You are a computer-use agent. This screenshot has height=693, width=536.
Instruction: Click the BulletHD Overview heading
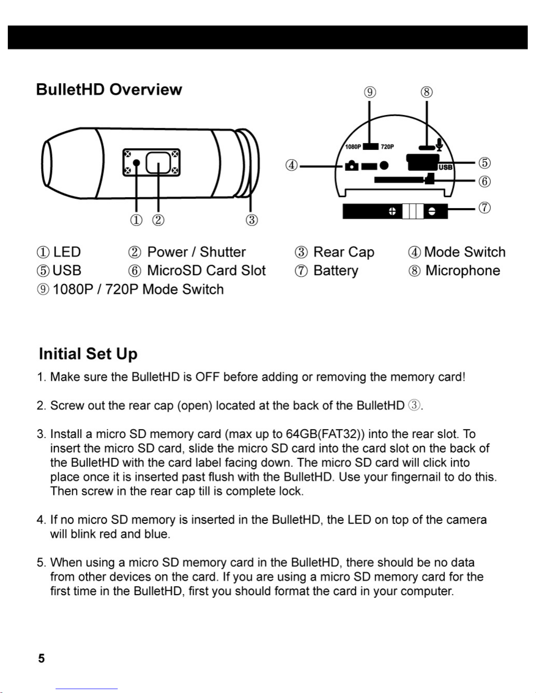pos(109,90)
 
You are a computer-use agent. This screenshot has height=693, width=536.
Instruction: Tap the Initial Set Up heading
pos(88,354)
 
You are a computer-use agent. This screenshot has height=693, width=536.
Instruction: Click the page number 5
pos(41,658)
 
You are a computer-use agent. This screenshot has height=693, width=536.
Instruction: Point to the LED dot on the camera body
pos(137,163)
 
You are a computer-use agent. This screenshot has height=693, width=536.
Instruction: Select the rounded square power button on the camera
pos(158,162)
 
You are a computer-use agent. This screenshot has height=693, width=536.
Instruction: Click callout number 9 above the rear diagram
pos(370,92)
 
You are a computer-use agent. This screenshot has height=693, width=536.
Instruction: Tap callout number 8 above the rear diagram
pos(427,92)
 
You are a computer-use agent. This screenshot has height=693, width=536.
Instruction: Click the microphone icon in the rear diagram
pos(439,144)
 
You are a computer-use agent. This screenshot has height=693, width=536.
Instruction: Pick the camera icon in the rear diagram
pos(352,166)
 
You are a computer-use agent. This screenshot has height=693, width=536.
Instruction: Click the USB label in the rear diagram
pos(445,167)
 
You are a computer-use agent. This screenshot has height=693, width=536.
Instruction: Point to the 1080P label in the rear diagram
pos(352,147)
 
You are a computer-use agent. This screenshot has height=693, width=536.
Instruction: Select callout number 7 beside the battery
pos(484,208)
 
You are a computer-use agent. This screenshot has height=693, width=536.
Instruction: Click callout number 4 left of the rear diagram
pos(292,166)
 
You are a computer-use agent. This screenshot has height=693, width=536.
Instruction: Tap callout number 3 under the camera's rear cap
pos(252,219)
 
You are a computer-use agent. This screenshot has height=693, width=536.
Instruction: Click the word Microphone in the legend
pos(462,271)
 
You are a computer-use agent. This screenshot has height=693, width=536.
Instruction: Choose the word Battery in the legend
pos(336,271)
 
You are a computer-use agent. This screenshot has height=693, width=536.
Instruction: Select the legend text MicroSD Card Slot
pos(206,271)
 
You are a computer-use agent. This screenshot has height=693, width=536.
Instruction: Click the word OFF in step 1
pos(207,377)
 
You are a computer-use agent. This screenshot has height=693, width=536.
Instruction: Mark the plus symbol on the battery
pos(392,212)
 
